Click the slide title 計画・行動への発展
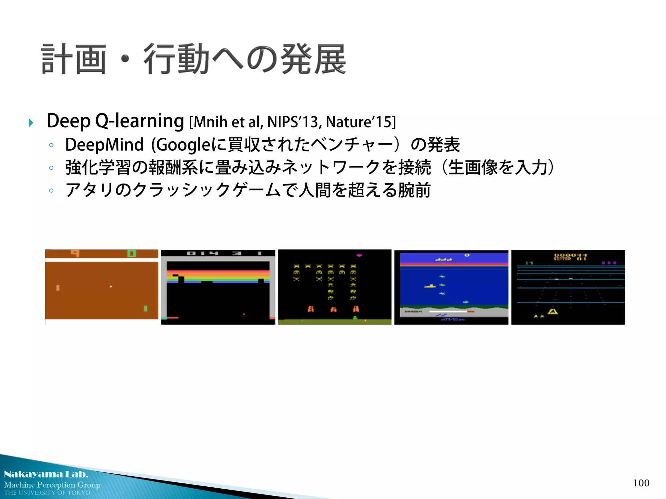pos(194,59)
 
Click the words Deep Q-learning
pos(115,121)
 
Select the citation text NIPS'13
pos(294,122)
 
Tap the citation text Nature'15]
pos(361,122)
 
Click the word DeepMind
pos(104,145)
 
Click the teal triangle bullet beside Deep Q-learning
pos(31,123)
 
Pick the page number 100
pos(641,483)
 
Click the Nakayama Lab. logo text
pos(46,474)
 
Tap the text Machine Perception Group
pos(52,485)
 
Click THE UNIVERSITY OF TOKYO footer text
pos(47,493)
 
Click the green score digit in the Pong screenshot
pos(131,253)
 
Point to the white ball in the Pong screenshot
pos(111,287)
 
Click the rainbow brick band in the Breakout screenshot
pos(218,276)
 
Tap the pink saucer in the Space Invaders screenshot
pos(359,255)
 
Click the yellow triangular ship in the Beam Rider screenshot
pos(553,311)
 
